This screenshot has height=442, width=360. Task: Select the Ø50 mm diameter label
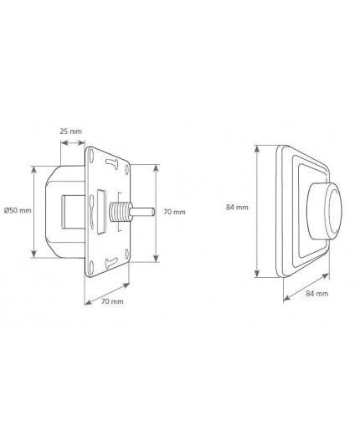(17, 209)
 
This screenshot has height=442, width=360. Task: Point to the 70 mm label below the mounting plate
(111, 300)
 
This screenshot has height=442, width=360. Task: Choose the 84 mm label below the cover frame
(317, 294)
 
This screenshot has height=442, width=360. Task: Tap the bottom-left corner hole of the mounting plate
(90, 266)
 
